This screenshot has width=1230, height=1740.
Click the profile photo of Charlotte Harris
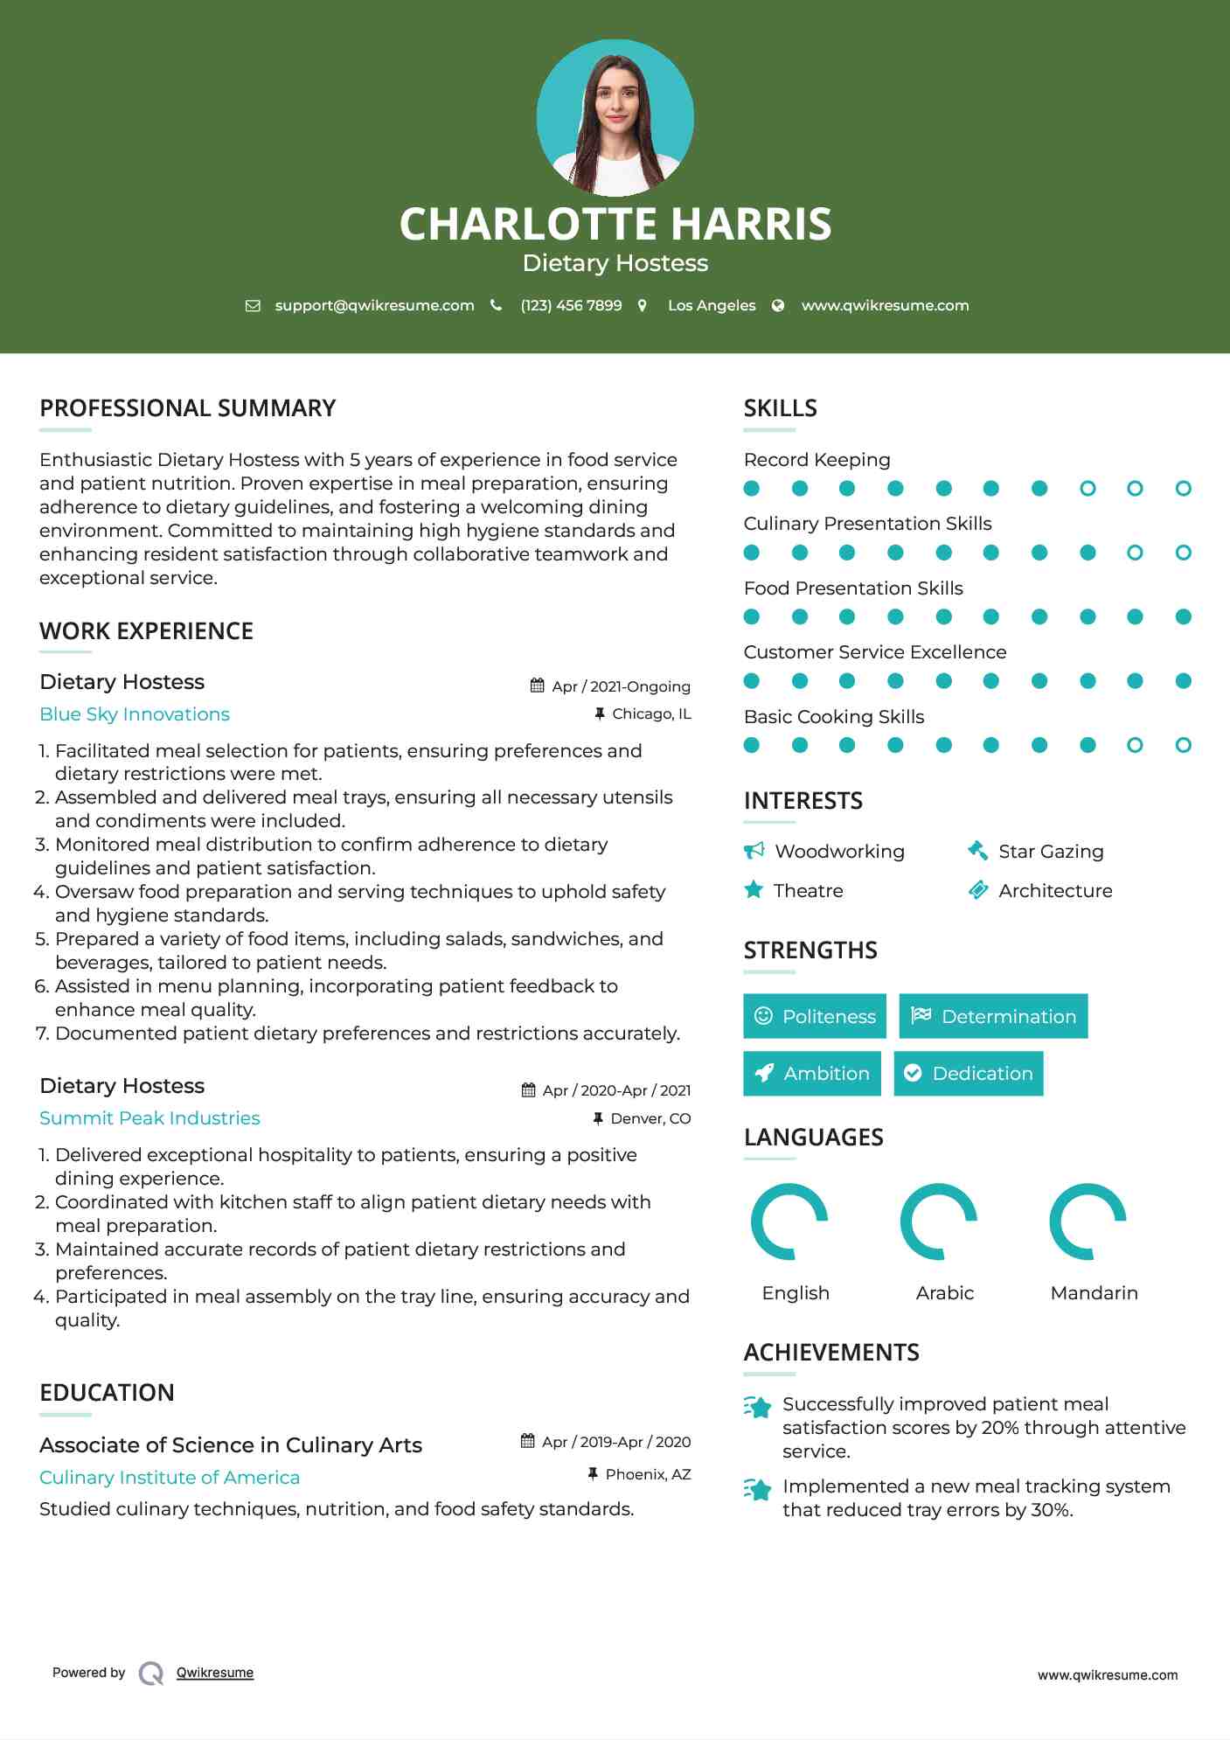[x=615, y=117]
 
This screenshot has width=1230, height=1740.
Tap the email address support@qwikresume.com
[x=374, y=305]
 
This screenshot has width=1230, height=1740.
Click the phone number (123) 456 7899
[x=571, y=305]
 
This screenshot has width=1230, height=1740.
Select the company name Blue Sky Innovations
[x=135, y=714]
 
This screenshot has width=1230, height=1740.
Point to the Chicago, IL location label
[x=651, y=713]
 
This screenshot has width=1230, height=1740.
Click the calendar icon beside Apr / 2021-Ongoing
[x=538, y=686]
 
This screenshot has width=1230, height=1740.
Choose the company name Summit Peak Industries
[x=149, y=1118]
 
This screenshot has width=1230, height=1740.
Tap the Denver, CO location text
[x=650, y=1118]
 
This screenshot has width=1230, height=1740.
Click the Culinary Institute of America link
[x=170, y=1478]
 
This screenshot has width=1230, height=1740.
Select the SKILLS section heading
[x=780, y=408]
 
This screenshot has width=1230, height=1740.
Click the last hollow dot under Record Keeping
[x=1183, y=489]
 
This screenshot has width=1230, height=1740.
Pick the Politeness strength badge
[x=814, y=1016]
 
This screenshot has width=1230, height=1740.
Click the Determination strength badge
[x=993, y=1016]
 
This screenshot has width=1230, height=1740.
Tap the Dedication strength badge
[x=968, y=1074]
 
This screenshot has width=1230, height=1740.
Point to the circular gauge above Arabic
[x=938, y=1221]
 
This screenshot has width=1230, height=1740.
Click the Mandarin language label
[x=1094, y=1293]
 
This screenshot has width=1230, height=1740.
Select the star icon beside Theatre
[x=754, y=890]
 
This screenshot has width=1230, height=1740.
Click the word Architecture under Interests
[x=1055, y=891]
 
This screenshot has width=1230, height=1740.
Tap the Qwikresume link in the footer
[x=215, y=1673]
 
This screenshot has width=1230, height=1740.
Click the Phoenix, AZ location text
[x=648, y=1474]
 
